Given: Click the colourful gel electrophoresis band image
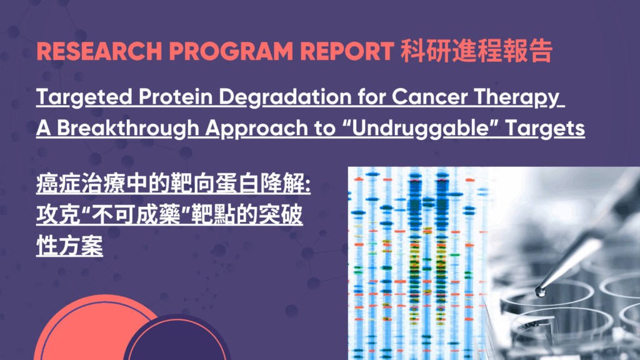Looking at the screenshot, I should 416,262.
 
